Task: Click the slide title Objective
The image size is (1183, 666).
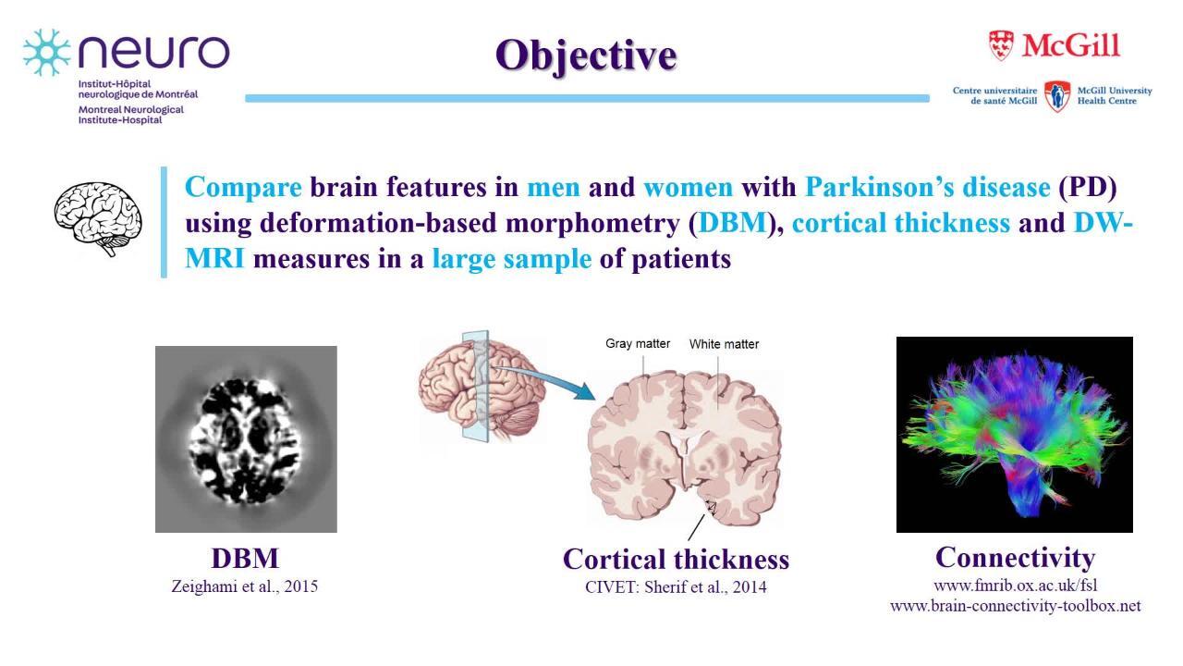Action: click(x=586, y=55)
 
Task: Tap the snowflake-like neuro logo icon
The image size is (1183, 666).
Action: click(x=47, y=53)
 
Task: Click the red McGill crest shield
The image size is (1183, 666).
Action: click(x=1001, y=45)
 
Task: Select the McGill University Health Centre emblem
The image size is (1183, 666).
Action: click(x=1057, y=96)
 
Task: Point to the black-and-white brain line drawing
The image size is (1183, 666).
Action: click(x=98, y=219)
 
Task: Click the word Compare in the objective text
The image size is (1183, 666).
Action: click(x=243, y=187)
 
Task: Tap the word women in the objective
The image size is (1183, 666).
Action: click(x=689, y=188)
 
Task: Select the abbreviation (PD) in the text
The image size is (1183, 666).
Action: click(x=1088, y=188)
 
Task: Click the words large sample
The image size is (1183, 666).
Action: click(x=512, y=260)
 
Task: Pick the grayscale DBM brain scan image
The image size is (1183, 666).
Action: click(x=246, y=439)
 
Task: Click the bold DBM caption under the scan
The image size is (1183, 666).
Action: click(x=245, y=559)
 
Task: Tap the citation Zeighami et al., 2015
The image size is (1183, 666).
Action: click(x=245, y=586)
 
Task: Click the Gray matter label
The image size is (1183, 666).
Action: click(x=638, y=344)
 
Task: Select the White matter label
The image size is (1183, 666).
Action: click(x=724, y=344)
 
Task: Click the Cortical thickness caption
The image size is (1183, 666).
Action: click(x=676, y=560)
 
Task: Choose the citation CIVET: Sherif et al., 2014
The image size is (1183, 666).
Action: click(x=676, y=587)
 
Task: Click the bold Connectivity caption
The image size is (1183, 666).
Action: click(x=1015, y=558)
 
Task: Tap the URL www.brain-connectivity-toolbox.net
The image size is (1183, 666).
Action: click(x=1015, y=606)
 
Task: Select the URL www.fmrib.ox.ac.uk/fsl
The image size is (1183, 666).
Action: click(x=1015, y=586)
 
